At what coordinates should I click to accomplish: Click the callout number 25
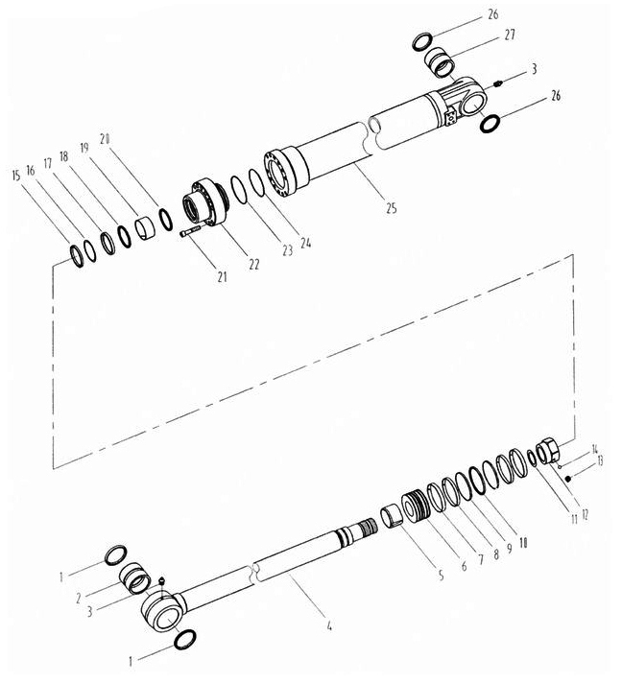coord(391,208)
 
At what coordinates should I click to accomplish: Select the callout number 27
coord(510,35)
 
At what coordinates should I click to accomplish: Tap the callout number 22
coord(253,264)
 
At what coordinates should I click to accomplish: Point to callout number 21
coord(223,276)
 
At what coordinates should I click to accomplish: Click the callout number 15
coord(16,176)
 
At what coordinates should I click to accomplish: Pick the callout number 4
coord(329,626)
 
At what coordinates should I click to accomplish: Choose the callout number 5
coord(442,576)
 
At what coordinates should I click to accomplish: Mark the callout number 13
coord(600,460)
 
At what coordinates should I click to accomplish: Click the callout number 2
coord(78,598)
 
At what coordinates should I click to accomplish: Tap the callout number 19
coord(84,147)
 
